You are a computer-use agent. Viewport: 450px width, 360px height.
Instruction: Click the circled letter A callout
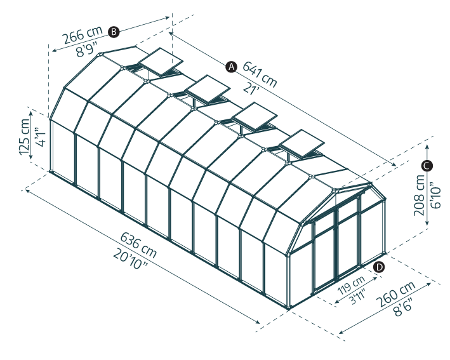coord(231,67)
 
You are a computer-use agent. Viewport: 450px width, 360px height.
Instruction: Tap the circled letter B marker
coord(114,32)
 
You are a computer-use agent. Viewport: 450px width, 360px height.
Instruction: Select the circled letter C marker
coord(427,166)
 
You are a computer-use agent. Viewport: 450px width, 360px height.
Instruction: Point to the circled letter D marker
coord(380,267)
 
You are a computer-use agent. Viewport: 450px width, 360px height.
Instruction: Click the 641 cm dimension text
coord(260,75)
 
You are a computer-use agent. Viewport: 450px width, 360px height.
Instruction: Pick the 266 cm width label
coord(83,35)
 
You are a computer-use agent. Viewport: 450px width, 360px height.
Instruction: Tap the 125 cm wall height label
coord(25,137)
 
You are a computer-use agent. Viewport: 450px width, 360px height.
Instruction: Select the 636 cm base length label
coord(138,245)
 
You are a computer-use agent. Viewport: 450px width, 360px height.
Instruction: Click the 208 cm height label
coord(420,195)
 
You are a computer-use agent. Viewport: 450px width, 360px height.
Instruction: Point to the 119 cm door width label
coord(351,285)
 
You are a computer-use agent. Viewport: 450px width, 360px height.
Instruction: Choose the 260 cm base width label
coord(396,294)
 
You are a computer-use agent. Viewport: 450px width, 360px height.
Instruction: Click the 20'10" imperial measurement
coord(131,259)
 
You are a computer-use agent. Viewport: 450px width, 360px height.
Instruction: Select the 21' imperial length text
coord(251,88)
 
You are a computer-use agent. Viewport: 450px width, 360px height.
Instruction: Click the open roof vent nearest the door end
coord(301,143)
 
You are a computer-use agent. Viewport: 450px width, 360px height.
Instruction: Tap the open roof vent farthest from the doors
coord(160,62)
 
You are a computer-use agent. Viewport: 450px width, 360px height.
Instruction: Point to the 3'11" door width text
coord(358,297)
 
